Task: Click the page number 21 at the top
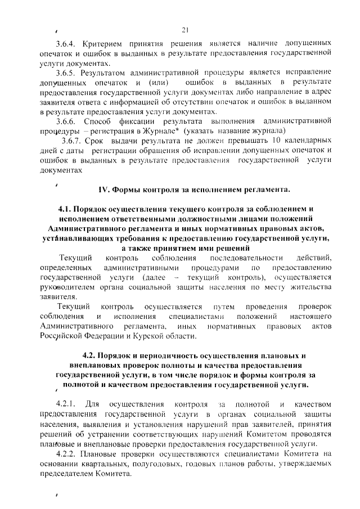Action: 185,30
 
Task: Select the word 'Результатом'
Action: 107,73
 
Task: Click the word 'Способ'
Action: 100,122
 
